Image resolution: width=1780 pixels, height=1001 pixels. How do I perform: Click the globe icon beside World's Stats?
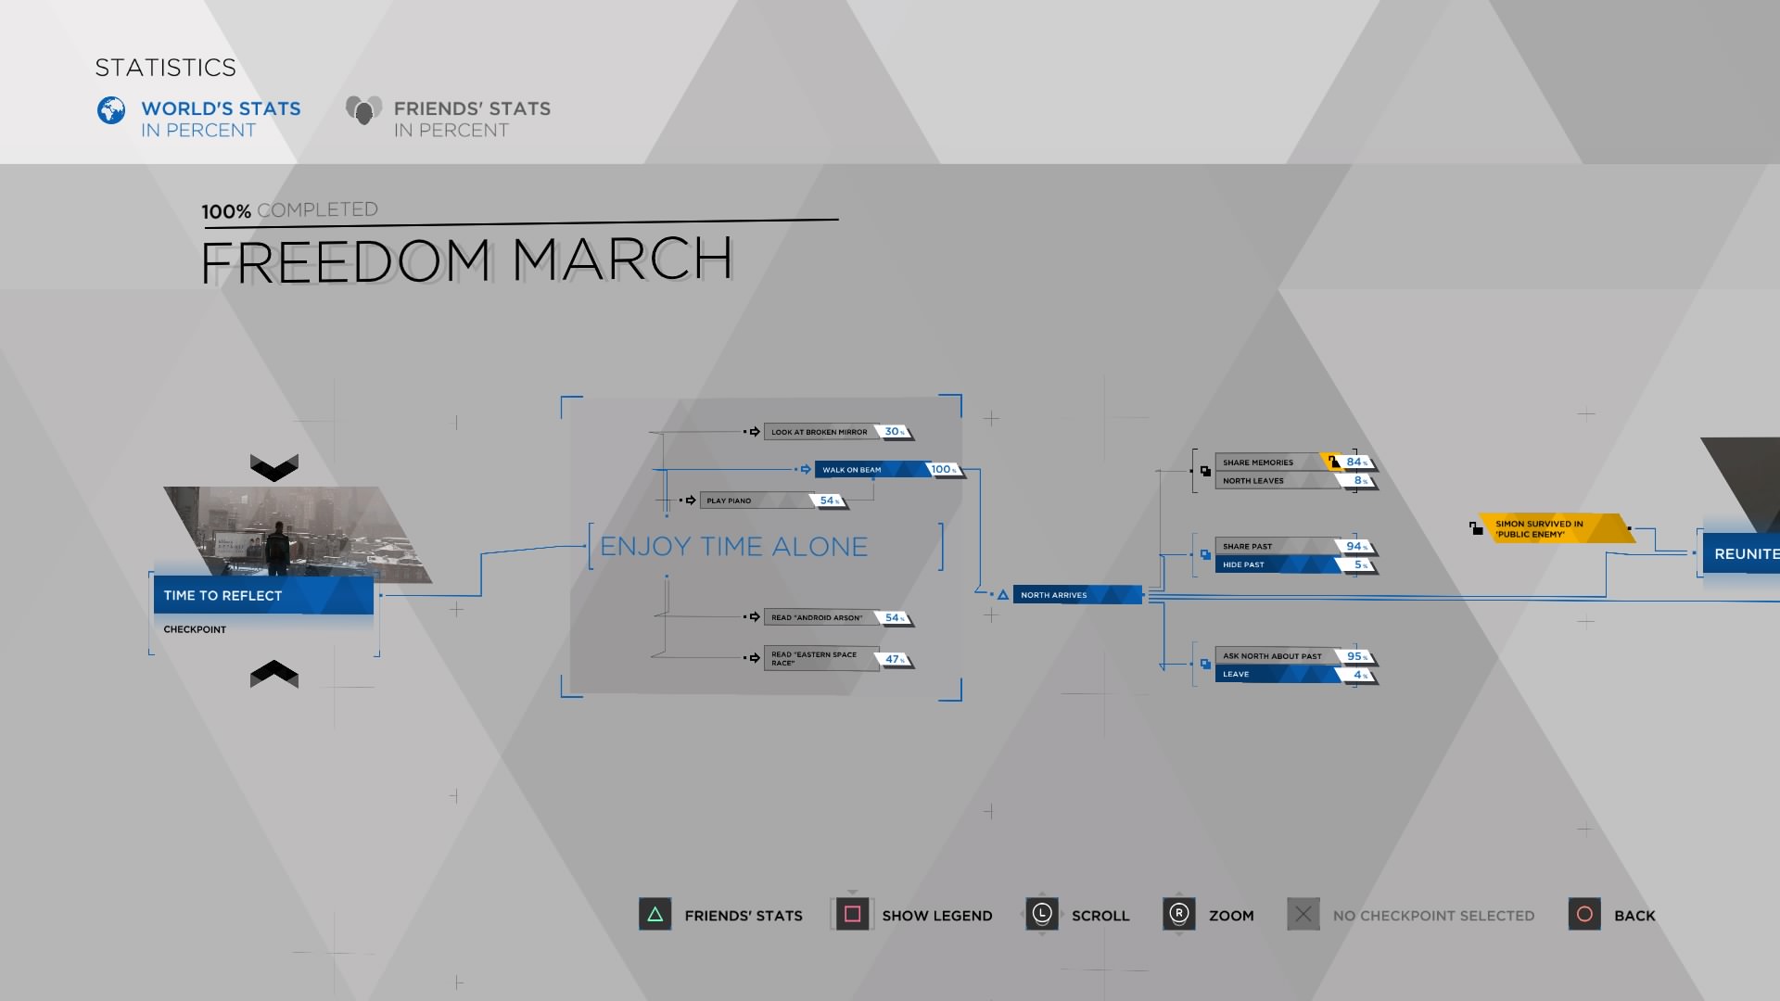pos(111,110)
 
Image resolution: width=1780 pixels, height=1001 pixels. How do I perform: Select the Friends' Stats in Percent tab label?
pos(472,120)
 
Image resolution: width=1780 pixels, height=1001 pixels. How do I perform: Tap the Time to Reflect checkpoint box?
pos(263,595)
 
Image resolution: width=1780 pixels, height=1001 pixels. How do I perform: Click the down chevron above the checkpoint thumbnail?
pos(274,467)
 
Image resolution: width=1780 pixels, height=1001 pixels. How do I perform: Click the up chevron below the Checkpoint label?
pos(274,674)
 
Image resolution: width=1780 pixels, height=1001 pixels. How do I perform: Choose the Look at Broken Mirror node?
pos(820,432)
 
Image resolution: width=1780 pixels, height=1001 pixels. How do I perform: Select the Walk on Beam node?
pos(872,470)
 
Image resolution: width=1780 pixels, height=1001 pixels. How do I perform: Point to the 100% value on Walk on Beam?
pos(944,470)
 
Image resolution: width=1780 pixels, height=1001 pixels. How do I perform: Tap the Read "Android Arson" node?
pos(820,618)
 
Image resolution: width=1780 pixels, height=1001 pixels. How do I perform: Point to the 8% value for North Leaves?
pos(1360,481)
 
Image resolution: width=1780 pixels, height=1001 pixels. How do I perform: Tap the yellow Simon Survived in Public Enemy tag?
pos(1555,528)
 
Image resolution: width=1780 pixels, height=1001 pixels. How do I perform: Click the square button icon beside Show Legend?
pos(853,915)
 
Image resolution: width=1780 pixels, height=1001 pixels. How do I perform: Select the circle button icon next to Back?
pos(1584,915)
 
